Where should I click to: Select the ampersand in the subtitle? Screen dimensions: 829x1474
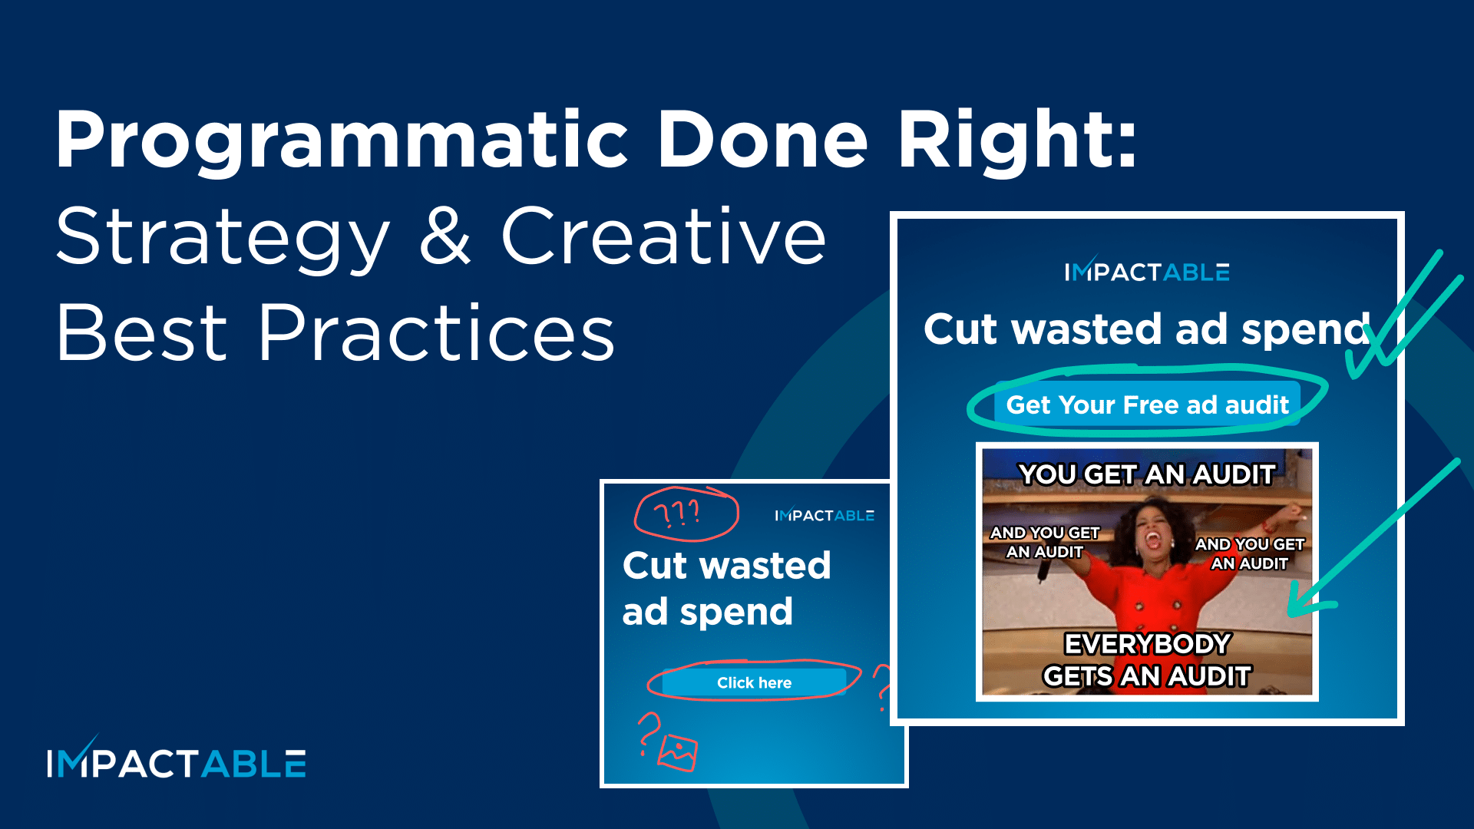coord(445,238)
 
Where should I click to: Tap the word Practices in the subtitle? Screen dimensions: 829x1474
coord(436,334)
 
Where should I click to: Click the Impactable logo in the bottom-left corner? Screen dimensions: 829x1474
coord(177,762)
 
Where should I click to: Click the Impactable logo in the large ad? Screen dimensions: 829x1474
coord(1147,272)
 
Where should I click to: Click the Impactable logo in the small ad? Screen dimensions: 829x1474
coord(825,515)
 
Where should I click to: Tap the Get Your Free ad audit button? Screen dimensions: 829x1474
coord(1147,405)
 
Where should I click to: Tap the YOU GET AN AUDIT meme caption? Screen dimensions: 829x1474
coord(1147,474)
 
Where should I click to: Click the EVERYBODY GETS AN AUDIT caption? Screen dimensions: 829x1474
coord(1147,659)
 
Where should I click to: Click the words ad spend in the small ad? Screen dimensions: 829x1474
coord(707,612)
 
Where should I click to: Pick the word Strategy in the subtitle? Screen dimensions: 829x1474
coord(223,238)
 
